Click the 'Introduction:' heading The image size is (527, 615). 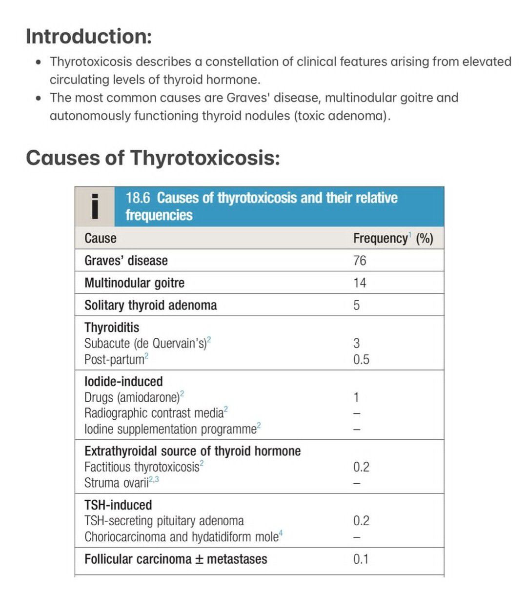[x=88, y=37]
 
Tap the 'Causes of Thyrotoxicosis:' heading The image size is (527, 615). [x=153, y=158]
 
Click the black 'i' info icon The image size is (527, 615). [x=95, y=206]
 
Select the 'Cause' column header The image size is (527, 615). [x=100, y=238]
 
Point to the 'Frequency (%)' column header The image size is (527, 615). [x=393, y=238]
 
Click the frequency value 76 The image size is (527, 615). [x=360, y=261]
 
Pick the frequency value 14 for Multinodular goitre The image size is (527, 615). [x=360, y=283]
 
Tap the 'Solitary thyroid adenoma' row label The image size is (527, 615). [x=150, y=306]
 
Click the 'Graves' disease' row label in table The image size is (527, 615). [x=126, y=261]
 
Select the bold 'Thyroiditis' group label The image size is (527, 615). [x=112, y=328]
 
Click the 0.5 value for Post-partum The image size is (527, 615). [x=361, y=360]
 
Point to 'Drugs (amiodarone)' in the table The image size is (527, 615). [x=132, y=397]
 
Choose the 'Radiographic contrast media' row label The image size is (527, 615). [x=154, y=413]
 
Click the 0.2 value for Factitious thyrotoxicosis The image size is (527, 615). [x=361, y=467]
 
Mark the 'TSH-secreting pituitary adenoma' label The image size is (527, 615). [x=164, y=521]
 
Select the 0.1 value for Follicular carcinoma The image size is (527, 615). [x=361, y=559]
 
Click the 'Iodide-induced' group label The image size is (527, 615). [x=123, y=381]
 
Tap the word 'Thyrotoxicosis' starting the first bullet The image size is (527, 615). [x=91, y=62]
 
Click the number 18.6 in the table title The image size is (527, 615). [x=138, y=198]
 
